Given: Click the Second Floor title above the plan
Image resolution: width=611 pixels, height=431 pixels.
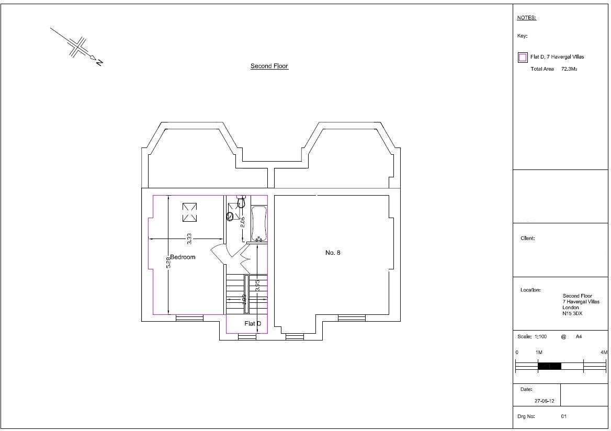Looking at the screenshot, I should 269,66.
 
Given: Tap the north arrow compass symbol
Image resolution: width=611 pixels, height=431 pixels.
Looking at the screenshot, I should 78,47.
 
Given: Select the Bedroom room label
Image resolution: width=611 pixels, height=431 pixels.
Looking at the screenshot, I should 183,257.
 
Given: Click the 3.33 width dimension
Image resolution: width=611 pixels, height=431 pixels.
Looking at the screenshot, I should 189,239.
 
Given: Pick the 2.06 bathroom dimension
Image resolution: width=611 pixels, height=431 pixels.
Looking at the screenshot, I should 242,222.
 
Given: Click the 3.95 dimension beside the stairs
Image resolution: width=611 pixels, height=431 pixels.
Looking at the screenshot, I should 257,286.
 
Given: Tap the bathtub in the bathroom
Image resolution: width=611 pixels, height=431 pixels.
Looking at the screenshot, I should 259,224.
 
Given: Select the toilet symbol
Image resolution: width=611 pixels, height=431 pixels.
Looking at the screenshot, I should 241,201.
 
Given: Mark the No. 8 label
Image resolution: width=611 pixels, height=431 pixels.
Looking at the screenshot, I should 333,253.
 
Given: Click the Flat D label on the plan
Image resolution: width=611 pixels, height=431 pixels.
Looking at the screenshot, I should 253,324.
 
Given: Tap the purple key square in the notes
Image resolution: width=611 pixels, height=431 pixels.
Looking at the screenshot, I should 522,58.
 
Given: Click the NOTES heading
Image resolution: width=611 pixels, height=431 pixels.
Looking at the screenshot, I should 526,18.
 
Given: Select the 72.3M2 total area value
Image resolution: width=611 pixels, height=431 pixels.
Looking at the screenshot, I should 569,69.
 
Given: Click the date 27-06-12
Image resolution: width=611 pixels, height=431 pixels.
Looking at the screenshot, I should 544,401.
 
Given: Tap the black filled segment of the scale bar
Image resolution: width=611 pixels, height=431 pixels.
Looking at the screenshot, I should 549,366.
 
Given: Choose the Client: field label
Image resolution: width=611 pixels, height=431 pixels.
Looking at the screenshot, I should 527,239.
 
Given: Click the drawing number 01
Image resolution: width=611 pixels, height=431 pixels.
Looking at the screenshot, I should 563,417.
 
